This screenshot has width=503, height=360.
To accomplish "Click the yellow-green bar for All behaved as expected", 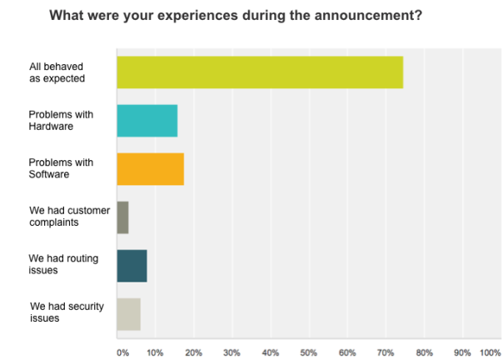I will click(260, 72).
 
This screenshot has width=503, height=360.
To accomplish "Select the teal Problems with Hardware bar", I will click(147, 121).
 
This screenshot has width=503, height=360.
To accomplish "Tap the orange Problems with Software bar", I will click(150, 169).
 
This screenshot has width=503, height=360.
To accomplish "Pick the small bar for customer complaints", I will click(122, 217).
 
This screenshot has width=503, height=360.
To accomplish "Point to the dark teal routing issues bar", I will click(132, 266).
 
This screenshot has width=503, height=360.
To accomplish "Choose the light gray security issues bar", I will click(128, 314).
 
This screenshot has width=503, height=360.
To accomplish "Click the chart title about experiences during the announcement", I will click(236, 15).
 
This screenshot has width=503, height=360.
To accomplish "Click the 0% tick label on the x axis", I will click(122, 352).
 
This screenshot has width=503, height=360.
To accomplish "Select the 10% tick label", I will click(155, 352).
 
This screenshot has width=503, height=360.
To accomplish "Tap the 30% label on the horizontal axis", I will click(232, 352).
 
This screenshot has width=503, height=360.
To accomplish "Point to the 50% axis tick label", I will click(309, 352).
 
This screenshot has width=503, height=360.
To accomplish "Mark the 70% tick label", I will click(386, 352).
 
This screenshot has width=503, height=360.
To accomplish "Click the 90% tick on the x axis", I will click(462, 352).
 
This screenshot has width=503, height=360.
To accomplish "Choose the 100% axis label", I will click(490, 352).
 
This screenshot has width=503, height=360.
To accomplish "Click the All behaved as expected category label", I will click(57, 72).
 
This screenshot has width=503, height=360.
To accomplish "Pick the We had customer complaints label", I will click(68, 217).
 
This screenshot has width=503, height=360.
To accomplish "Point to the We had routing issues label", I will click(63, 266).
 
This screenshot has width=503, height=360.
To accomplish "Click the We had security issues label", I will click(67, 314).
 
